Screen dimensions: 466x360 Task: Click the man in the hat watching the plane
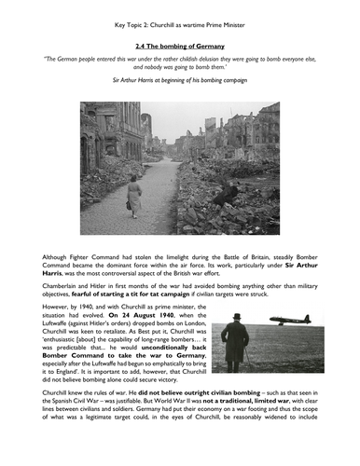point(235,342)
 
